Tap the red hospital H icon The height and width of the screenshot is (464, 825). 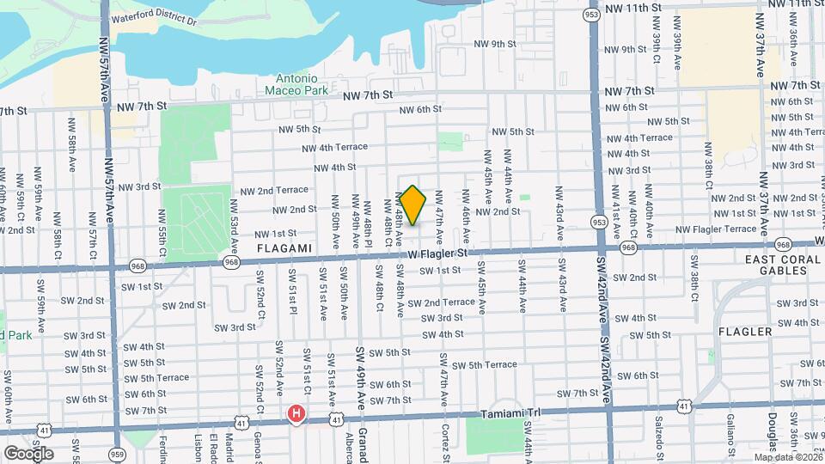296,415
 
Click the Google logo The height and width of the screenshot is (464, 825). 28,453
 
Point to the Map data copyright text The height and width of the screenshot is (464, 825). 786,455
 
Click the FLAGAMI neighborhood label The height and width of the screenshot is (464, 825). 283,247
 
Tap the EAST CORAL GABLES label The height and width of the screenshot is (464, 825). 772,264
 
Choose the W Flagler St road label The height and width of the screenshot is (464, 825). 438,253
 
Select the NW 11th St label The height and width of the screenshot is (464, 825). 633,7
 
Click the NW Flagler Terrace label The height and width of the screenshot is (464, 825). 716,229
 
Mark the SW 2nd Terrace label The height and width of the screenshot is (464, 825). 441,302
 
